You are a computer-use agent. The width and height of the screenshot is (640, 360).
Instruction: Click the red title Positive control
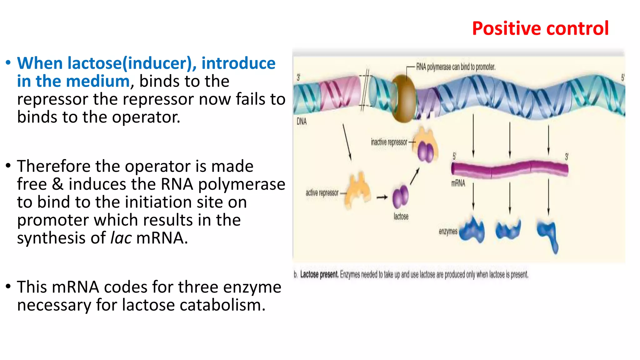(540, 28)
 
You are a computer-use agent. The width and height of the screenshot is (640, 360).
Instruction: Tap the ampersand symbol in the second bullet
(57, 184)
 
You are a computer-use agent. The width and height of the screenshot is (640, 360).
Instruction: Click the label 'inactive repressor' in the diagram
(389, 142)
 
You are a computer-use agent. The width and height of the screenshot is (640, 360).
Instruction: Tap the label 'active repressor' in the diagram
(322, 193)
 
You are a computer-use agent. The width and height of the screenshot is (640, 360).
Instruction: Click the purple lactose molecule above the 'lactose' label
(400, 197)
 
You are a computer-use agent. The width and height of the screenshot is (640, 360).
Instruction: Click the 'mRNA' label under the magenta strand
(458, 183)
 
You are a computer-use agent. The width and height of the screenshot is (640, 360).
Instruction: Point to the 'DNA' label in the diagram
(302, 122)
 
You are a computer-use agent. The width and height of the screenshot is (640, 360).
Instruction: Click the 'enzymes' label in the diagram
(448, 232)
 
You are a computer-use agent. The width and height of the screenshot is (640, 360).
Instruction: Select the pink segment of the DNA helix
(339, 93)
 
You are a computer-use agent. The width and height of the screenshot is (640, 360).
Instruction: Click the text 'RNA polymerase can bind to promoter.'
(456, 67)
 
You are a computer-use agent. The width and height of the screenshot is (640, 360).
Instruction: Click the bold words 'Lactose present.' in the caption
(319, 275)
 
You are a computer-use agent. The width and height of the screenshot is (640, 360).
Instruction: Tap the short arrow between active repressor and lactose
(382, 197)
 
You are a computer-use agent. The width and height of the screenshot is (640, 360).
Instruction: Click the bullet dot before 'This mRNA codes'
(8, 286)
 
